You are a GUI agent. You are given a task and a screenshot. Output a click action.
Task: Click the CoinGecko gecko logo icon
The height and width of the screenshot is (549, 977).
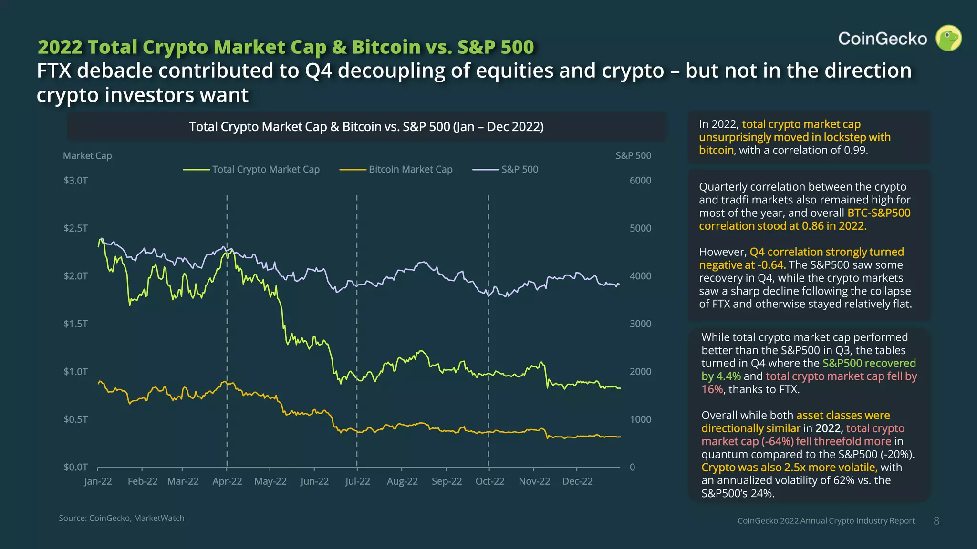pos(948,38)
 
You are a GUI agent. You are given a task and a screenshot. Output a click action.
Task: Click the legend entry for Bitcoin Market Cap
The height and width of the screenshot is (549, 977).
pos(410,169)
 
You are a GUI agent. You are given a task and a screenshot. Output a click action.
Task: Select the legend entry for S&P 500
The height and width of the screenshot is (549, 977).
pos(519,169)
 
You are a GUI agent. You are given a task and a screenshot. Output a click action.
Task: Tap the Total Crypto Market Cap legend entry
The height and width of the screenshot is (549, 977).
pos(265,169)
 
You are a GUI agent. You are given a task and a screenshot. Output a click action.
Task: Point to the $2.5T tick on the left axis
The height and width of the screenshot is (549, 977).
pos(75,228)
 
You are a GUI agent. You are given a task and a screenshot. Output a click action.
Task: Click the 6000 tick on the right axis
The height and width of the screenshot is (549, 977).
pos(640,181)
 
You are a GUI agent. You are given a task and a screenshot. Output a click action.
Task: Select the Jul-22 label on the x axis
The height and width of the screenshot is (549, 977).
pos(357,481)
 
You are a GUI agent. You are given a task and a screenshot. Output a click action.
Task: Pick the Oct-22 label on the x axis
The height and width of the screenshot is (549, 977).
pos(489,481)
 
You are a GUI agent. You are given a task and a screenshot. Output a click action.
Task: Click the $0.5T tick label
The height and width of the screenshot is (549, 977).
pos(75,419)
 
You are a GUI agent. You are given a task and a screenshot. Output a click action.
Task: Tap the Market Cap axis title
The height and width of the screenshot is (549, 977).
pos(87,156)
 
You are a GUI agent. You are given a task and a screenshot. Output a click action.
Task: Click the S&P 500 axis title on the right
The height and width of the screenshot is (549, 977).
pos(633,156)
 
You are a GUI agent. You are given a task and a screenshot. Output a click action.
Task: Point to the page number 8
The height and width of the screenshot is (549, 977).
pos(936,521)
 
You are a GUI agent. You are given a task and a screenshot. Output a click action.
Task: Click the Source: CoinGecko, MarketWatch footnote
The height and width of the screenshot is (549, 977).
pos(121,518)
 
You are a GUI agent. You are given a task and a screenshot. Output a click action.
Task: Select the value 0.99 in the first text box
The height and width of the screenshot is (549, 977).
pos(854,151)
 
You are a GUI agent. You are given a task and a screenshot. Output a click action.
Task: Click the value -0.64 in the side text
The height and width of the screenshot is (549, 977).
pos(771,265)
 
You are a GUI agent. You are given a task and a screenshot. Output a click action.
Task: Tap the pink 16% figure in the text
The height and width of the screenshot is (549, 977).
pos(712,389)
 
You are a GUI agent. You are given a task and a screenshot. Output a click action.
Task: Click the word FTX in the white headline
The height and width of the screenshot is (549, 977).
pos(53,71)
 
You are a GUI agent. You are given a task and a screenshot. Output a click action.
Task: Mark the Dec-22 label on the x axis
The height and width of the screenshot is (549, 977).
pos(577,481)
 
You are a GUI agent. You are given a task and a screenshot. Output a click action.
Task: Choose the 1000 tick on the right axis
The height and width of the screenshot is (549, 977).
pos(640,419)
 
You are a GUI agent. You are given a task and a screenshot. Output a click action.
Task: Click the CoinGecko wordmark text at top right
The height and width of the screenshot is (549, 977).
pos(882,39)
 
